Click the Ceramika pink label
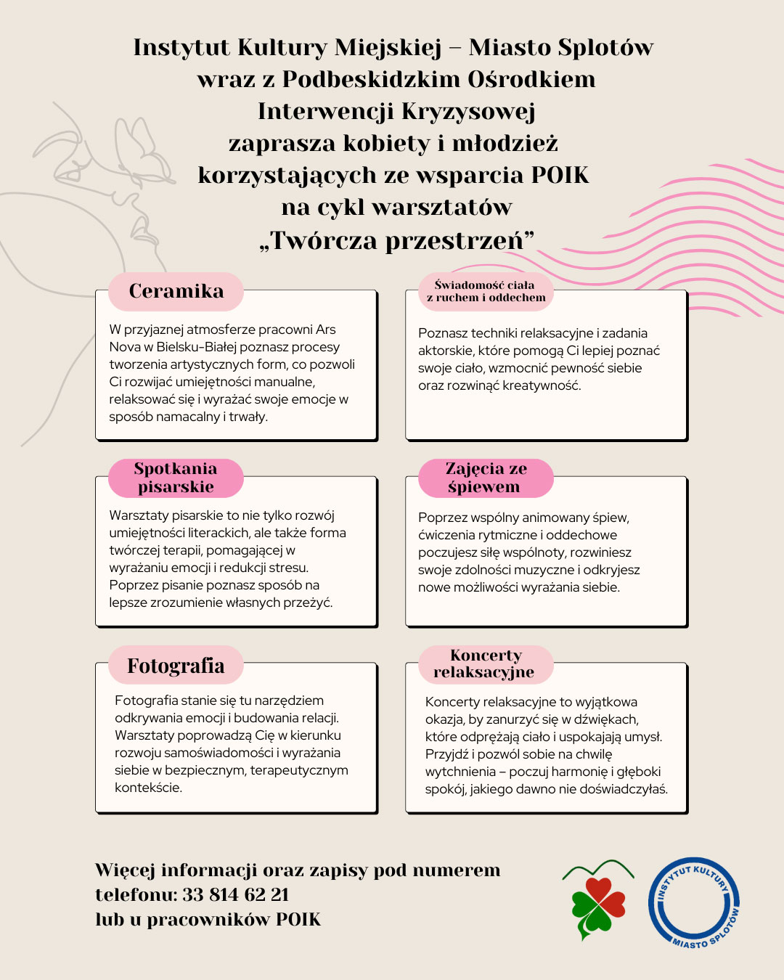tap(176, 291)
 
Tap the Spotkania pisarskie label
tap(176, 478)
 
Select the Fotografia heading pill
tap(176, 666)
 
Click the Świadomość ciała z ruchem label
tap(486, 291)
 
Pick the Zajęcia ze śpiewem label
tap(486, 478)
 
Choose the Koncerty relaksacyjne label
tap(486, 664)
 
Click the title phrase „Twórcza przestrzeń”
tap(396, 240)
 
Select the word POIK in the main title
tap(560, 176)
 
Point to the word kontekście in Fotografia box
tap(148, 788)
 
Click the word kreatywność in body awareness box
tap(542, 385)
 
